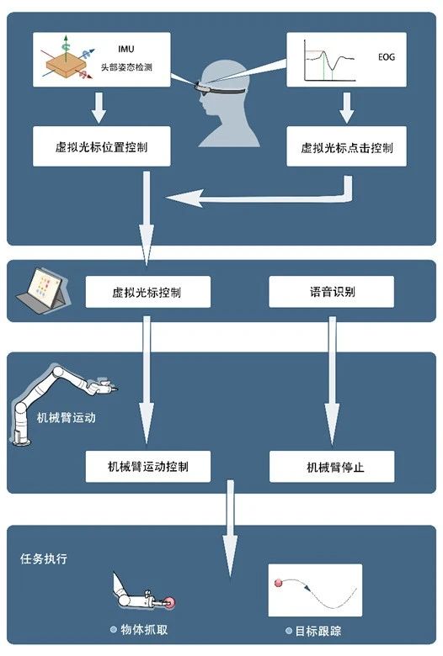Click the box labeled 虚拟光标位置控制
click(101, 146)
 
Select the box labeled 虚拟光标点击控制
click(346, 146)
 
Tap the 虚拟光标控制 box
click(148, 292)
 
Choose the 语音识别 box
click(331, 292)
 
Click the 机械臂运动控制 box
click(148, 467)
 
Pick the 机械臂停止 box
click(332, 467)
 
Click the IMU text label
click(126, 50)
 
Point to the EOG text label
click(387, 57)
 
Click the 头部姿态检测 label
click(126, 67)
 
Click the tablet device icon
click(40, 288)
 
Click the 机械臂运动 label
click(67, 417)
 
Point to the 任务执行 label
click(44, 558)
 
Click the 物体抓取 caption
click(144, 629)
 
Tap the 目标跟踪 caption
click(318, 631)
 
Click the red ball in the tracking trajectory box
click(279, 583)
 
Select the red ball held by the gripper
click(170, 603)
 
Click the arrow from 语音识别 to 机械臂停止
click(332, 381)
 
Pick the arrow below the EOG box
click(346, 108)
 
